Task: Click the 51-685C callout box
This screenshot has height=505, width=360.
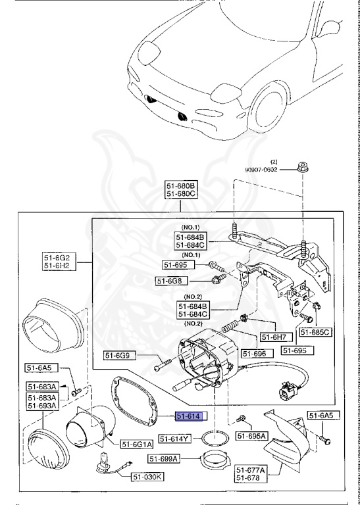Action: point(316,332)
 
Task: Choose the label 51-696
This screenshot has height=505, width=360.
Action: point(257,354)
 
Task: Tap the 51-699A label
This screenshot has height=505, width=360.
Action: point(164,458)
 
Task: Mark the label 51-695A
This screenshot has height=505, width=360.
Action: point(251,436)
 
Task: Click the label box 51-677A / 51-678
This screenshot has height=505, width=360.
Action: point(251,473)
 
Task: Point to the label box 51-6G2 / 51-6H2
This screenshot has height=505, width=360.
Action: point(59,262)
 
